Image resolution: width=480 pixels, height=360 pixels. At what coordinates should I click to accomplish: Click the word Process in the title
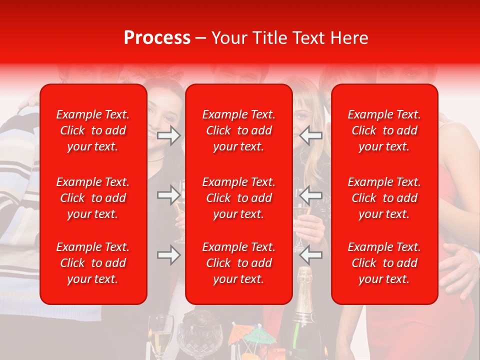157,38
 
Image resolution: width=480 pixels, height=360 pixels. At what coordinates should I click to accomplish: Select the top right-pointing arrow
168,135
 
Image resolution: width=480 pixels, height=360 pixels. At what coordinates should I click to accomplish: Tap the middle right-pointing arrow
168,195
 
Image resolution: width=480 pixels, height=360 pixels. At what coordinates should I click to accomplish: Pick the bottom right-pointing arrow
168,255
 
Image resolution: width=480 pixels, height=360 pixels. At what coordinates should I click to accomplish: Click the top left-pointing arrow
311,135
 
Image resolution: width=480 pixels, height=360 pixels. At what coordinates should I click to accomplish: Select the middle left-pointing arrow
311,195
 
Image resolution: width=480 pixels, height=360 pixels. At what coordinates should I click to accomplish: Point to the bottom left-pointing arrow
311,255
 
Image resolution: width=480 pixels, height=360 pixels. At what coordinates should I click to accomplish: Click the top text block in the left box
93,130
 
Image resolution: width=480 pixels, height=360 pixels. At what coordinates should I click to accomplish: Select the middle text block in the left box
93,198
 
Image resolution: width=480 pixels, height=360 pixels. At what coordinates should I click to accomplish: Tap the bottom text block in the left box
93,263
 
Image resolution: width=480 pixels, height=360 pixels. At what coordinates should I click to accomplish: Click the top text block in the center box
239,130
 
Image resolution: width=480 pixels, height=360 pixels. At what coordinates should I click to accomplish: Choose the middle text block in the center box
239,198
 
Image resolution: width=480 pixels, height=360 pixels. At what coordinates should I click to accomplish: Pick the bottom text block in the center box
239,263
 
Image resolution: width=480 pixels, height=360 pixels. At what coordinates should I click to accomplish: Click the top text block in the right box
384,130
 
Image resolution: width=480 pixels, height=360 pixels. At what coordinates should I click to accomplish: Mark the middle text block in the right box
384,198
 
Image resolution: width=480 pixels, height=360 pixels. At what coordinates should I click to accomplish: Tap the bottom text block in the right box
384,263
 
